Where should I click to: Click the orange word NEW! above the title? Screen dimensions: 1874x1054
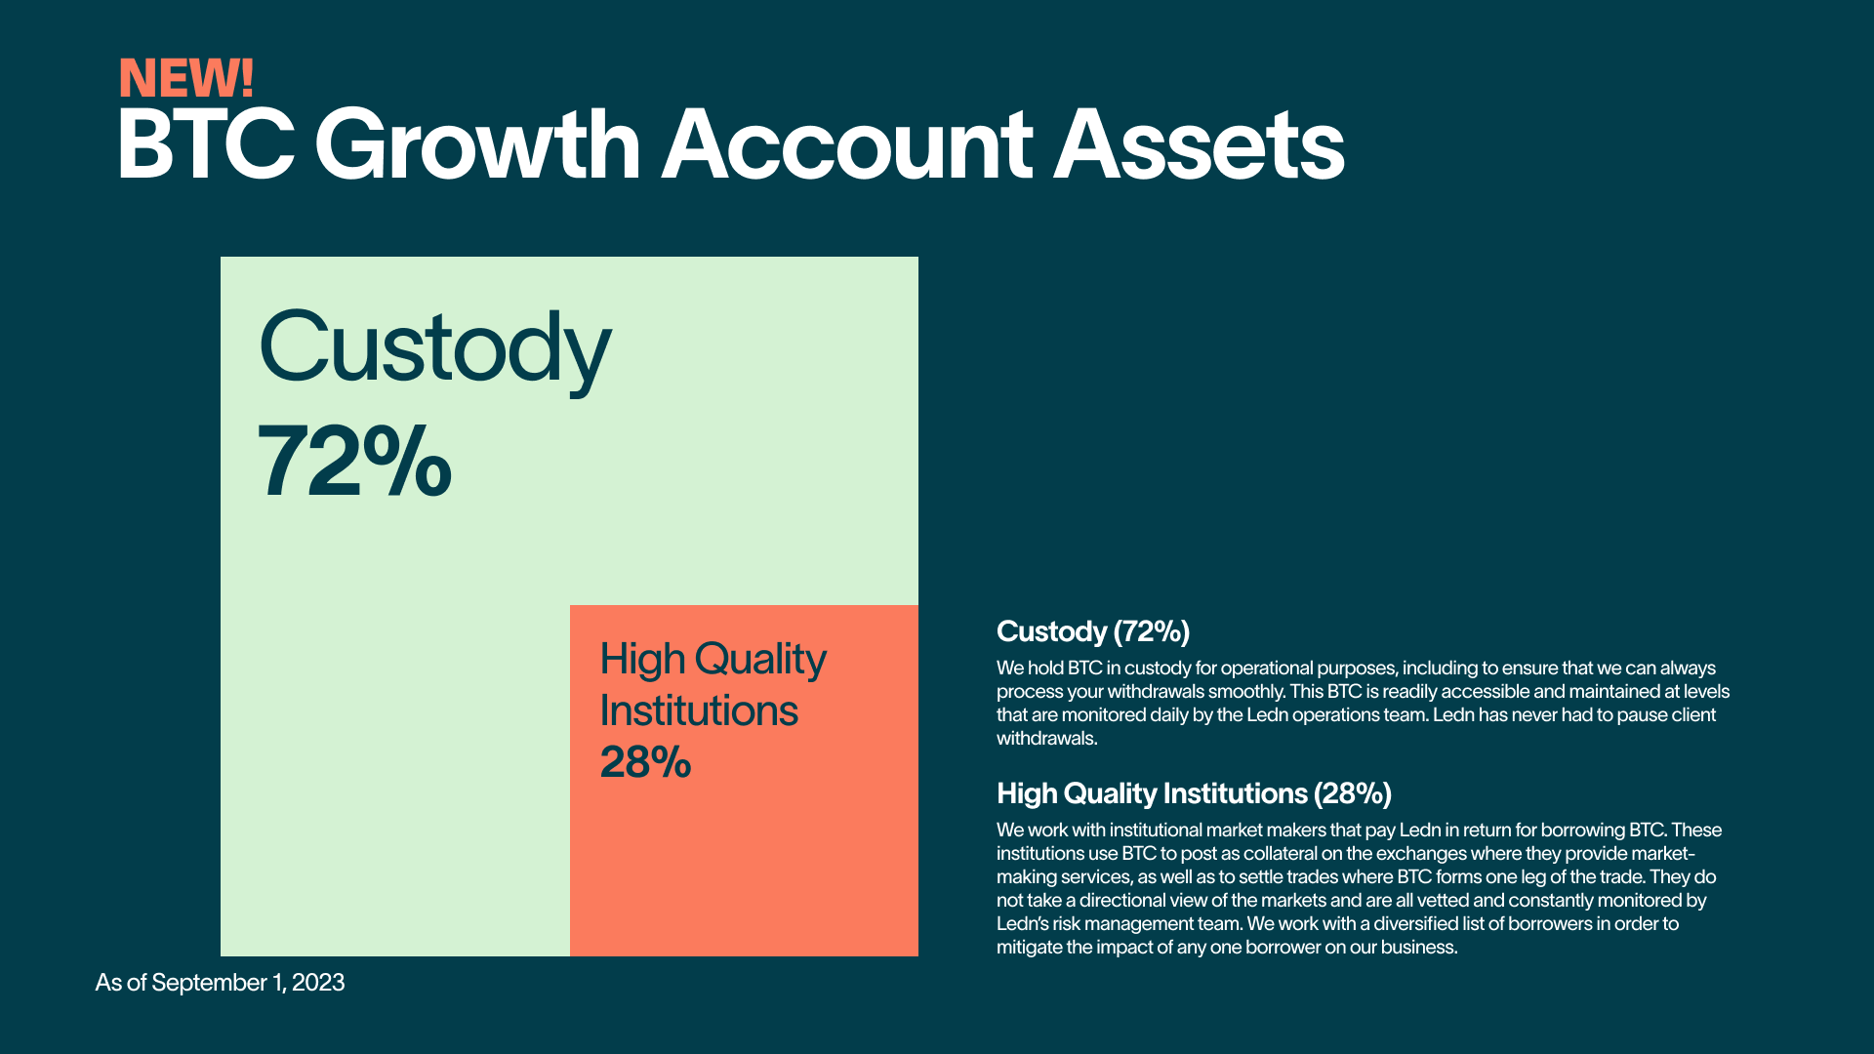tap(186, 78)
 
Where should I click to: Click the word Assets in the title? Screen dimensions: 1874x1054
tap(1199, 144)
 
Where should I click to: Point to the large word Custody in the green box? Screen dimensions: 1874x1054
tap(434, 349)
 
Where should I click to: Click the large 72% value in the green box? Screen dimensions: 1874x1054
tap(354, 461)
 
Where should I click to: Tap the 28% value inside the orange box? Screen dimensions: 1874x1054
tap(645, 762)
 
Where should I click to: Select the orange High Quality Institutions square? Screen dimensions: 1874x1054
tap(744, 781)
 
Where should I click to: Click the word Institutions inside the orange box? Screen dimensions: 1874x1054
tap(699, 710)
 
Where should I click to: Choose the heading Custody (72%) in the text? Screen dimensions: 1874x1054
tap(1093, 631)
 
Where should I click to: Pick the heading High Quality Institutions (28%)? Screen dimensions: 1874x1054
tap(1194, 793)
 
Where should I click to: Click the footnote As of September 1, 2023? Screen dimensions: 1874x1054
tap(220, 983)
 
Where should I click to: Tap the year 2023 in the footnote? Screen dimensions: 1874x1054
tap(318, 983)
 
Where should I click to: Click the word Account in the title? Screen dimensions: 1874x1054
tap(846, 144)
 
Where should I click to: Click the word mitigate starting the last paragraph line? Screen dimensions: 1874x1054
tap(1029, 948)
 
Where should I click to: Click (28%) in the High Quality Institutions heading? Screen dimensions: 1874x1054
tap(1353, 793)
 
